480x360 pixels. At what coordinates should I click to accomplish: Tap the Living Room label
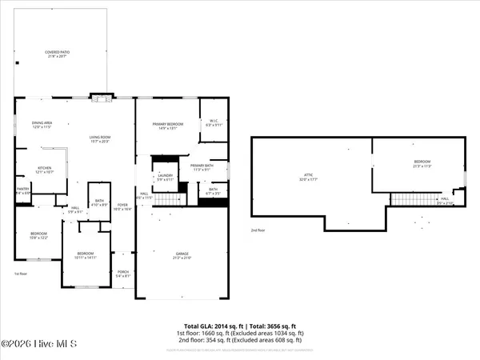pos(99,138)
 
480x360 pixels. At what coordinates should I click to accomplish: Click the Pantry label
pos(22,190)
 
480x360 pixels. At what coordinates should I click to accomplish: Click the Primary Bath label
pos(200,167)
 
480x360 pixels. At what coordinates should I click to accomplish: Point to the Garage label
pos(182,256)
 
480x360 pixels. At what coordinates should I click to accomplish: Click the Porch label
pos(122,274)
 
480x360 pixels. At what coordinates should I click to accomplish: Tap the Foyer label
pos(122,206)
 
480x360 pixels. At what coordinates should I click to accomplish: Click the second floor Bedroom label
pos(422,163)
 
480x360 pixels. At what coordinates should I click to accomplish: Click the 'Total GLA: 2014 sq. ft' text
pos(214,326)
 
